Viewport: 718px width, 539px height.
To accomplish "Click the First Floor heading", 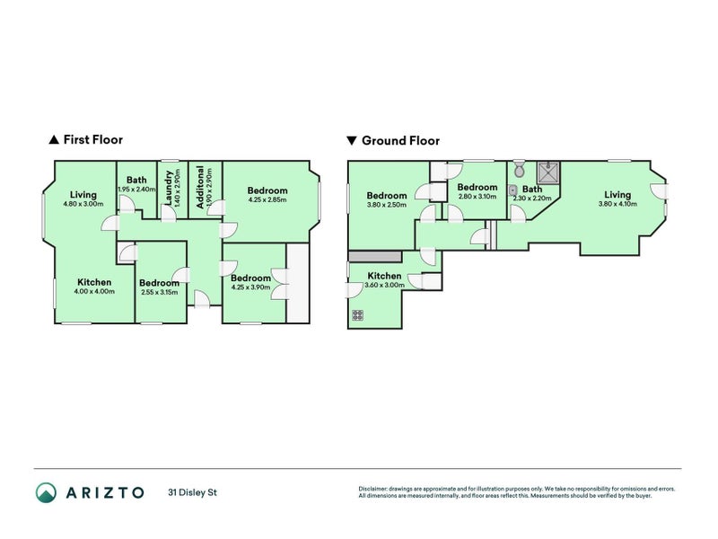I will coord(92,140).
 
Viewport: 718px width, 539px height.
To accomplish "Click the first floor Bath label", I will coord(137,180).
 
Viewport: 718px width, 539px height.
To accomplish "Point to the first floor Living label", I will coord(83,195).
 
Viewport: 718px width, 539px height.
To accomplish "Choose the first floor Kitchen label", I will coord(94,282).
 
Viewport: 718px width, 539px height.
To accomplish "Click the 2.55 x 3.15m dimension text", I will coord(159,292).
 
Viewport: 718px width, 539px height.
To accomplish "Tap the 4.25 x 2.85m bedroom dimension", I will coord(267,199).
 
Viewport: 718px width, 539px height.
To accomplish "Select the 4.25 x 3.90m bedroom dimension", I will coord(250,287).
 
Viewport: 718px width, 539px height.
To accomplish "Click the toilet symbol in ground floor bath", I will coord(520,170).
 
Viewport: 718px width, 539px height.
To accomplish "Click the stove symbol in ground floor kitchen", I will coord(358,315).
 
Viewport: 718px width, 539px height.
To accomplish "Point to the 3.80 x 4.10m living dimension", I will coord(617,204).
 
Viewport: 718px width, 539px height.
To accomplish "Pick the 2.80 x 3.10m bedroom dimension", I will coord(477,196).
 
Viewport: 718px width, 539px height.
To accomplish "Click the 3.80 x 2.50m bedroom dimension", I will coord(386,205).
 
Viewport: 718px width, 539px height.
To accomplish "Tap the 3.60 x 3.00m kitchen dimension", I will coord(384,285).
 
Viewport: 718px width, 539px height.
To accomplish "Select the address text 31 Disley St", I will coord(192,492).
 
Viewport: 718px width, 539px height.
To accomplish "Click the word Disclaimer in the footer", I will coord(374,489).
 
